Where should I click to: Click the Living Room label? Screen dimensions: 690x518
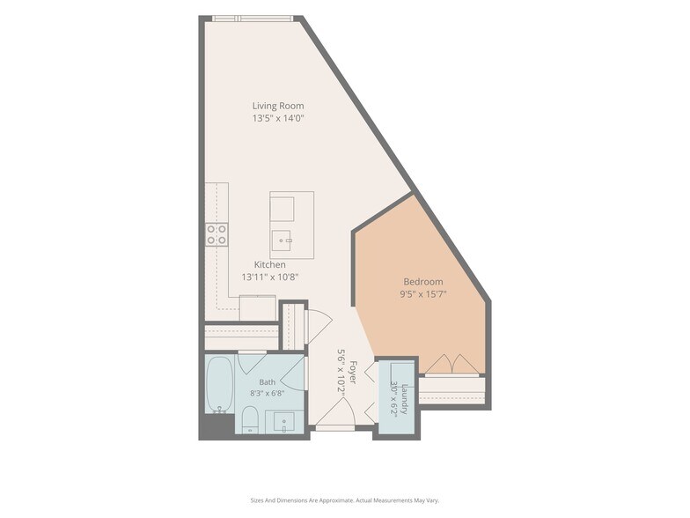pos(278,106)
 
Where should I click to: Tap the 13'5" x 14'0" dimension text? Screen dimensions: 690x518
pos(278,118)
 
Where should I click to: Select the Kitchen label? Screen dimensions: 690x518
pos(269,264)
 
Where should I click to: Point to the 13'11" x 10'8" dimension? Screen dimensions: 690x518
pos(269,277)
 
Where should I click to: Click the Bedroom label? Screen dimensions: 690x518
pos(423,282)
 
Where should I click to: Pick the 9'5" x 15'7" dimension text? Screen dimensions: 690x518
pos(423,294)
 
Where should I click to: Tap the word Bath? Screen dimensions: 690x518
pos(268,382)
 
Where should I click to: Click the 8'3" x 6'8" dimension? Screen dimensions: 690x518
pos(268,393)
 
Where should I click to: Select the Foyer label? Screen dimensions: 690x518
pos(353,372)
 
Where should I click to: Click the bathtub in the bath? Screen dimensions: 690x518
pos(220,384)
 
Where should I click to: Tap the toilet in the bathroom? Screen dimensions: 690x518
pos(250,419)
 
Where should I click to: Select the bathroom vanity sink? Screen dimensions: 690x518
pos(284,422)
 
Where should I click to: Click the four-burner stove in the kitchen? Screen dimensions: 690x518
pos(217,234)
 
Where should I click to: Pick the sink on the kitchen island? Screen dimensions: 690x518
pos(282,240)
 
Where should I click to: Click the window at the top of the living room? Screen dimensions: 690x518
pos(252,18)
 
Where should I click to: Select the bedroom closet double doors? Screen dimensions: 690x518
pos(452,364)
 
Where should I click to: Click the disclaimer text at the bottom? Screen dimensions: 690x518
pos(345,500)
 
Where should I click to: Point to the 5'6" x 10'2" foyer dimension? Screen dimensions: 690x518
pos(341,373)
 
